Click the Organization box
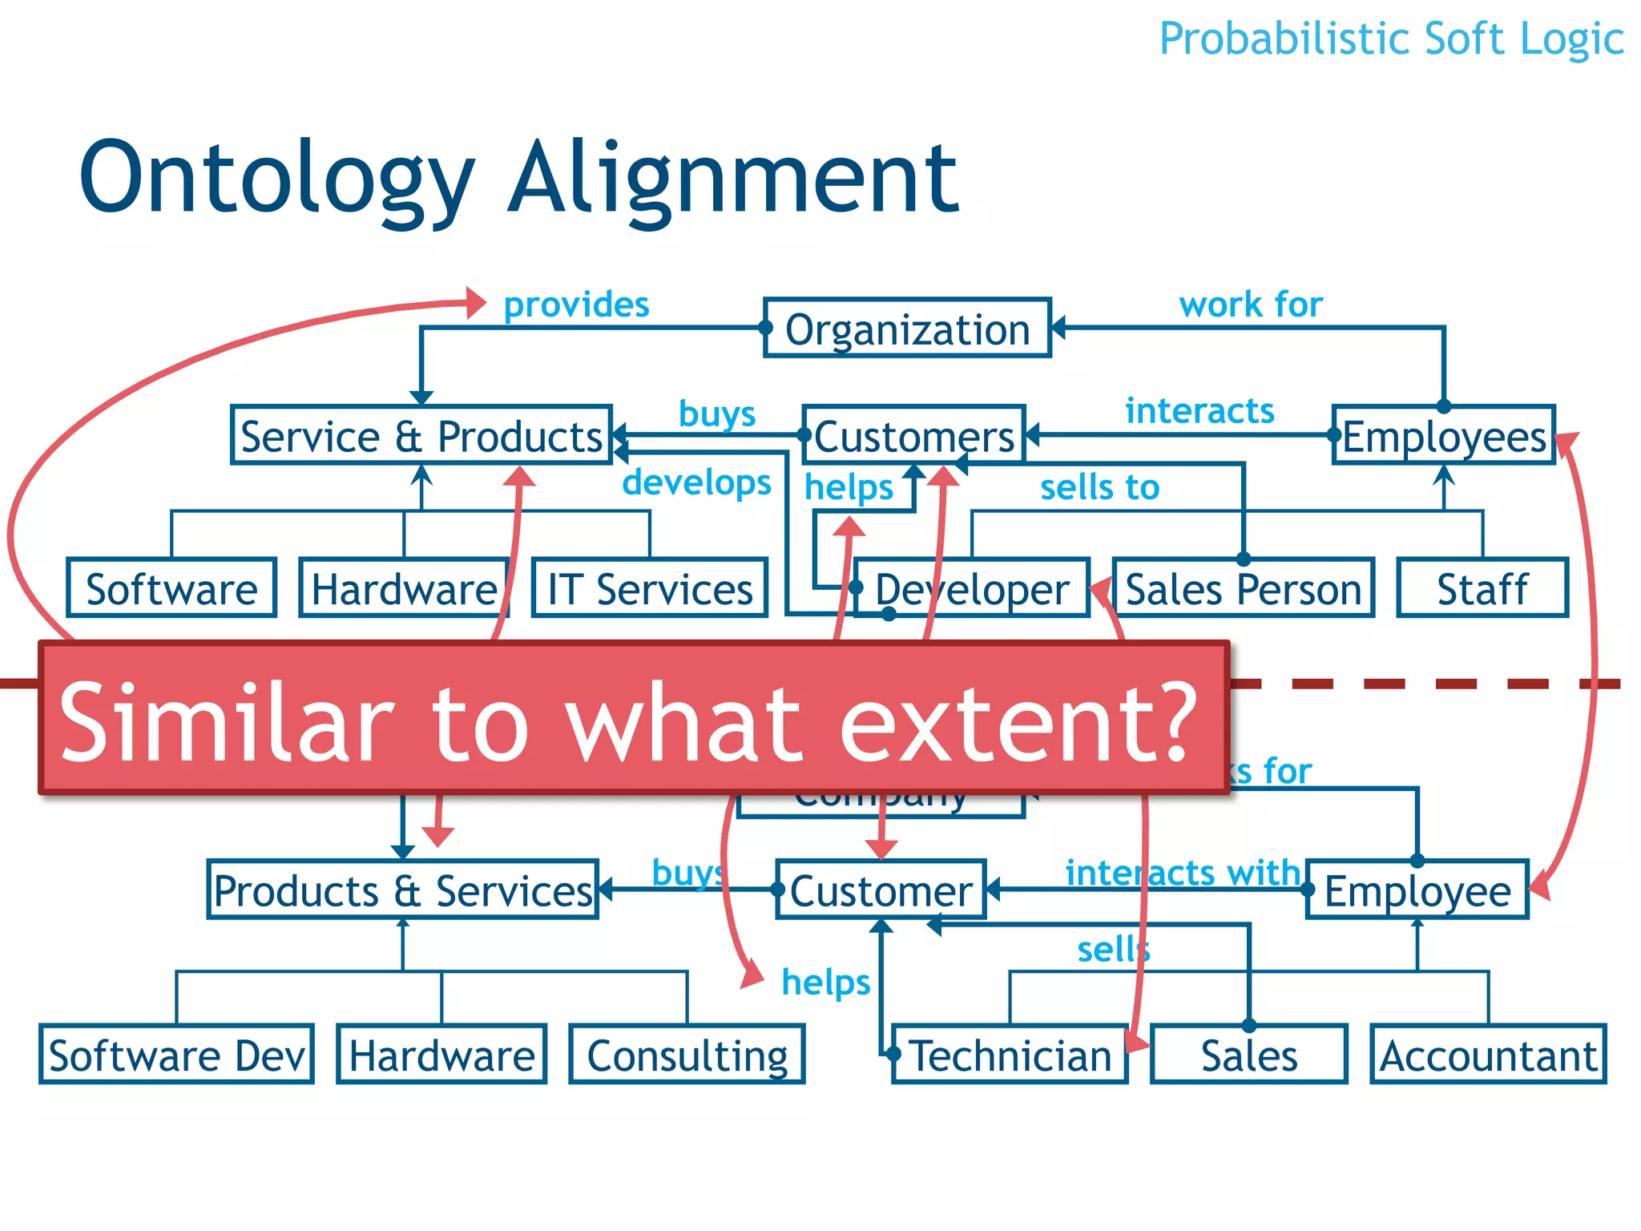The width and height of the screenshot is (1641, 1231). point(907,329)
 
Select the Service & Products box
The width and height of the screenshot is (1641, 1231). point(421,436)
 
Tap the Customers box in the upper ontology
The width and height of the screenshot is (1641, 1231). point(913,436)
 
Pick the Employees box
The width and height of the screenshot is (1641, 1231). point(1444,436)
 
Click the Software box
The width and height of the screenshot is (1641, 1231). point(171,589)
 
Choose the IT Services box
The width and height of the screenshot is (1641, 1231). point(650,589)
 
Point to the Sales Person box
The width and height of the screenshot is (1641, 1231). point(1244,589)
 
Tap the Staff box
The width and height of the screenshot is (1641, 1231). point(1482,589)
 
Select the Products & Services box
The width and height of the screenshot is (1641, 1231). point(403,890)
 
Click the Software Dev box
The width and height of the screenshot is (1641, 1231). point(176,1055)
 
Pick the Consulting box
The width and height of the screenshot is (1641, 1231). point(687,1055)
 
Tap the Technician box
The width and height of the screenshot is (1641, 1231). point(1010,1055)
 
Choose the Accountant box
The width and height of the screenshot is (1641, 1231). point(1489,1055)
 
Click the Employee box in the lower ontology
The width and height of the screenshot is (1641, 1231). point(1417,890)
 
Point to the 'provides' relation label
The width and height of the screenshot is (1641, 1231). point(576,305)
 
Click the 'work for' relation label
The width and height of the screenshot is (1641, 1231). point(1251,305)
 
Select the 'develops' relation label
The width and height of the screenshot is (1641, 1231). point(696,482)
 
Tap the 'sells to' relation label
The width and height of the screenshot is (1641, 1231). point(1099,487)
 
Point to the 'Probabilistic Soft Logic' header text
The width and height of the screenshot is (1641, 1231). point(1392,38)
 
